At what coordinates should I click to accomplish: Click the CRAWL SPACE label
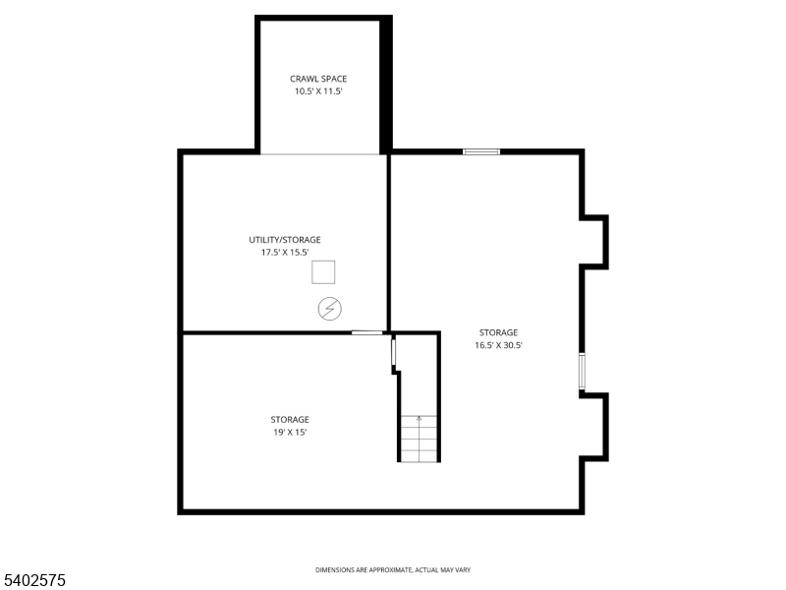point(318,79)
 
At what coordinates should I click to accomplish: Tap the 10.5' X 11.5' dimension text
point(318,91)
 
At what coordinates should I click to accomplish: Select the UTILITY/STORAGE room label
point(285,240)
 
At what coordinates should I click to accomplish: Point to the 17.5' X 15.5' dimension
point(285,253)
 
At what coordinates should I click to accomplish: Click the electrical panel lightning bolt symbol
point(330,309)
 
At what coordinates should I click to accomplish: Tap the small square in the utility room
point(323,272)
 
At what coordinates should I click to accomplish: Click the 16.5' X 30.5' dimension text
point(498,345)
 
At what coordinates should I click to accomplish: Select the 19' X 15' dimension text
point(290,432)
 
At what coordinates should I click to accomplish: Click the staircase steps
point(419,439)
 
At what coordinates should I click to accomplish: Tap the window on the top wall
point(481,151)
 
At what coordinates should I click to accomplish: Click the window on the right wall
point(582,371)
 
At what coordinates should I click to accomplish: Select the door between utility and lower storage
point(366,332)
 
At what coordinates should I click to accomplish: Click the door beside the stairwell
point(394,352)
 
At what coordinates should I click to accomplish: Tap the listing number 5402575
point(33,580)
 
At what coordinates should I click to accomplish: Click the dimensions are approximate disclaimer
point(393,570)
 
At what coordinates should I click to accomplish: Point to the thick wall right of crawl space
point(385,85)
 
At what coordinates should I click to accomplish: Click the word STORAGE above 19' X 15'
point(290,420)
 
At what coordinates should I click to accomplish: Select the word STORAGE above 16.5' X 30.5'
point(498,332)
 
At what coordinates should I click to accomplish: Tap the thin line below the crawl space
point(320,154)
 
